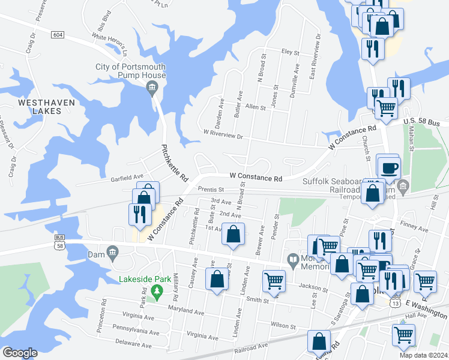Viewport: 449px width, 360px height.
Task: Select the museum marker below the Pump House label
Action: tap(152, 89)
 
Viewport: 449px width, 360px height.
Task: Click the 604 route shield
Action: tap(57, 35)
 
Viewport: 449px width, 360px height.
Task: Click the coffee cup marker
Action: tap(388, 166)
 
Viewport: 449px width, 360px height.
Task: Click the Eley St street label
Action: tap(290, 53)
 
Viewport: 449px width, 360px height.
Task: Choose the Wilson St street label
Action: tap(283, 325)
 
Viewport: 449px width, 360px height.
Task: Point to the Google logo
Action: tap(20, 353)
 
